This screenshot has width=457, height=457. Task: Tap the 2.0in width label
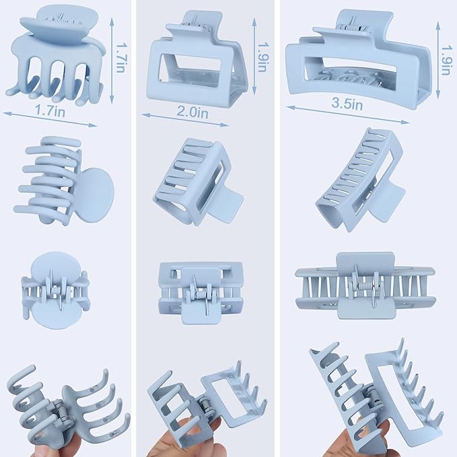click(191, 114)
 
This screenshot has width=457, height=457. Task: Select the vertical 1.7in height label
click(120, 59)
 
